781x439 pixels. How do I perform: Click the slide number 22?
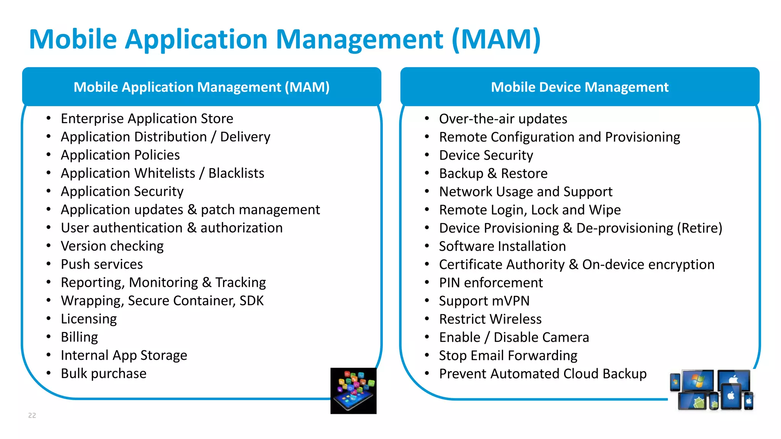[32, 415]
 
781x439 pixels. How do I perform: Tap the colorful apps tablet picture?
[353, 391]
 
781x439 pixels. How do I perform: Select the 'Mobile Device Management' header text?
[580, 87]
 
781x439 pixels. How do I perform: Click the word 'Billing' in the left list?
[79, 337]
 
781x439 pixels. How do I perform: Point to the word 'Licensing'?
[89, 319]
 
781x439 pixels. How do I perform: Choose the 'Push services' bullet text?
[102, 264]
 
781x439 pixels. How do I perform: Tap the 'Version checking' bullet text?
[112, 246]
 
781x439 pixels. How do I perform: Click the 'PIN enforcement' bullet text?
[491, 283]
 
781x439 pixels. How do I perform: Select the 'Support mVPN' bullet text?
[484, 301]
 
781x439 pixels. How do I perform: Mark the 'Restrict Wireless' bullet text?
[490, 319]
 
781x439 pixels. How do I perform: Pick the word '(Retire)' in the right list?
[699, 228]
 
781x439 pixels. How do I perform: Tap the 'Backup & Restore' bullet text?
[493, 173]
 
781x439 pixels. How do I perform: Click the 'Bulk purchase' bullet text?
[103, 373]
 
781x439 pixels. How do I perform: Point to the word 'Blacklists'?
[236, 173]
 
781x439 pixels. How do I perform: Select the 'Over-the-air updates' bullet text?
[503, 119]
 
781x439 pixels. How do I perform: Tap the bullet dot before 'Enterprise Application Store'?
[48, 119]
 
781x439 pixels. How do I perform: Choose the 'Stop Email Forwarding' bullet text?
[508, 356]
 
